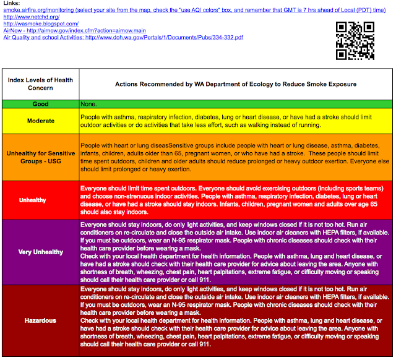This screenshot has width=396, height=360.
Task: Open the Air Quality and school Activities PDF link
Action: (x=124, y=37)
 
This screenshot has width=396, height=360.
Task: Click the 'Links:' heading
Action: (x=12, y=3)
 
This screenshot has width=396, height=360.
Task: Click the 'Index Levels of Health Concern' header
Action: (x=40, y=83)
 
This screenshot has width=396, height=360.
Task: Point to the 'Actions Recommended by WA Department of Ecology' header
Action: (x=235, y=83)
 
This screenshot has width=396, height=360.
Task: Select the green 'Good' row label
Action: (x=40, y=104)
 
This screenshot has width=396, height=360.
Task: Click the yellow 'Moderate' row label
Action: (x=40, y=121)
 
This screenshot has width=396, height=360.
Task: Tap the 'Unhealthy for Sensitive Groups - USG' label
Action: (x=40, y=157)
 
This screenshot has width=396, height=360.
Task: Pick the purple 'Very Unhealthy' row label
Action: (x=40, y=252)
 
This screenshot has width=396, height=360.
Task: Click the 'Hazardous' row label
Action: (x=40, y=320)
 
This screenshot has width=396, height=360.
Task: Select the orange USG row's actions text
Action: (x=235, y=157)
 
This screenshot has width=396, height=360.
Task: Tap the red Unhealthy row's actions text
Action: (x=235, y=200)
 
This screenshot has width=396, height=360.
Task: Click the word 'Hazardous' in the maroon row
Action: (x=40, y=320)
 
